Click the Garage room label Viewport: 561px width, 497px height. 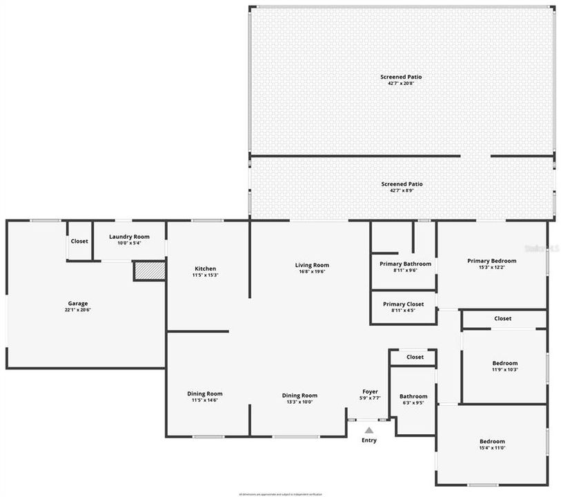[x=77, y=303]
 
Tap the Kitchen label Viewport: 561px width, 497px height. [x=205, y=269]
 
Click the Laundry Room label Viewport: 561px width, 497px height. [x=129, y=237]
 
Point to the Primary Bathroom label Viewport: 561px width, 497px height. [x=405, y=264]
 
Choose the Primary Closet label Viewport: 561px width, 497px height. [x=404, y=304]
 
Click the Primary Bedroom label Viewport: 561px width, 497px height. [x=491, y=261]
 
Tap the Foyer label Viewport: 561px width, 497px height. [x=370, y=391]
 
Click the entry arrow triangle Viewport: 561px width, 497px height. [x=369, y=430]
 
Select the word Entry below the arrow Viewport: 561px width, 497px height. [x=369, y=440]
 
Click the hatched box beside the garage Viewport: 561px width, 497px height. [x=150, y=271]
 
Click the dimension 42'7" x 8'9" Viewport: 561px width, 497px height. [x=401, y=191]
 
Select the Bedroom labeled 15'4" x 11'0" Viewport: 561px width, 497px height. [x=492, y=441]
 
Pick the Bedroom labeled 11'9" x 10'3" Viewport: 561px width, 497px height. [x=504, y=363]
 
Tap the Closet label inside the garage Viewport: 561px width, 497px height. [x=79, y=241]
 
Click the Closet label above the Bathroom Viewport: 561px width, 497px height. [x=415, y=357]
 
